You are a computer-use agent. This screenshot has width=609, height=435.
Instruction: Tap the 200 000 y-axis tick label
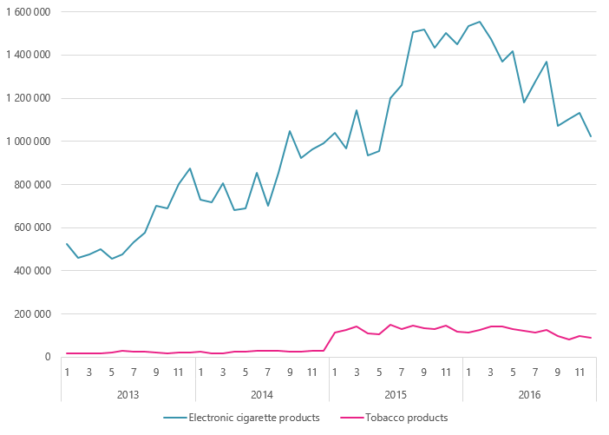pos(32,314)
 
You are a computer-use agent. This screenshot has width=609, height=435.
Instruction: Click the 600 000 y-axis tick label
pos(32,227)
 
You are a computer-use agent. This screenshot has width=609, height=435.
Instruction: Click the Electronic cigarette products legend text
pos(260,418)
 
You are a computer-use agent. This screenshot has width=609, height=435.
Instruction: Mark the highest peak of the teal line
pos(479,22)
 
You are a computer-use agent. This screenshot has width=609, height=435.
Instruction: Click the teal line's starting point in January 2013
pos(67,244)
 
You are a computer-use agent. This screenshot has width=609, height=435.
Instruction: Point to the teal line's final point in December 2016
pos(591,136)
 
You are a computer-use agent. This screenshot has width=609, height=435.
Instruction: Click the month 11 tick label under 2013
pos(178,373)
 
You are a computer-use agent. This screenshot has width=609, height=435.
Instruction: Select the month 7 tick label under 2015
pos(402,373)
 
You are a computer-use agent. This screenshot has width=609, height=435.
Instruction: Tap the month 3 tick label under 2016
pos(491,373)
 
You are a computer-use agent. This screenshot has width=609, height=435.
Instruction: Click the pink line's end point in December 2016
pos(591,338)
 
